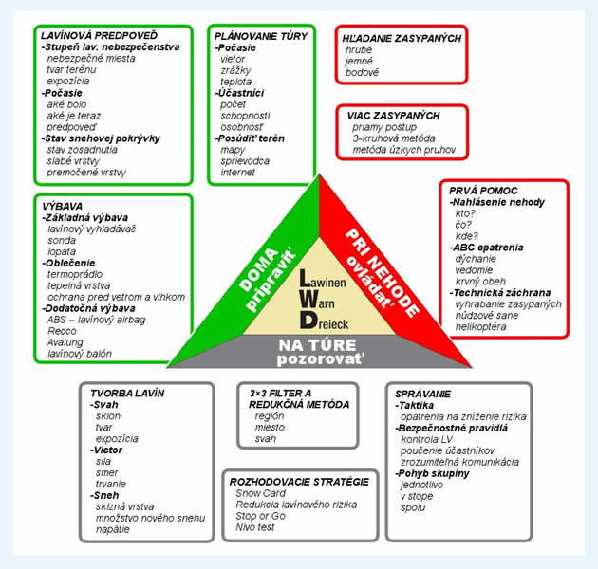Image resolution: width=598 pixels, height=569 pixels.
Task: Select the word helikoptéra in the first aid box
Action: tap(486, 327)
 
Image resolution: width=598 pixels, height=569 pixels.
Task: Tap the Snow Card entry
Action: tap(260, 493)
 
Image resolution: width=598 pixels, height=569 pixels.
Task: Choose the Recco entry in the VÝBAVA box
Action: tap(63, 331)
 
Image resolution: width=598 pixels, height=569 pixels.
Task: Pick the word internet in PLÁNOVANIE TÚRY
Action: tap(237, 173)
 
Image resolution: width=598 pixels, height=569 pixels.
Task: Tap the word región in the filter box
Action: tap(271, 416)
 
